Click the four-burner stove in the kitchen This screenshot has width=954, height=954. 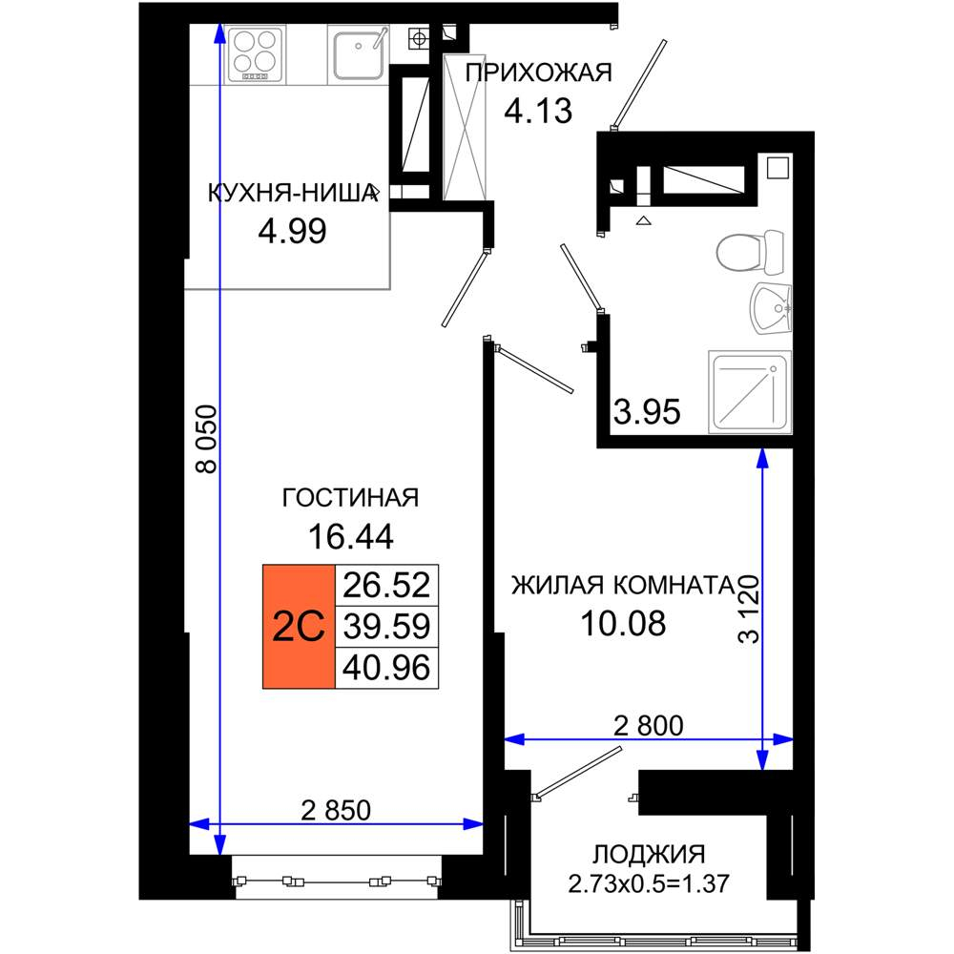click(255, 54)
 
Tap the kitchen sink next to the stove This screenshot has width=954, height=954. click(359, 53)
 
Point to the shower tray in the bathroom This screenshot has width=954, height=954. click(750, 392)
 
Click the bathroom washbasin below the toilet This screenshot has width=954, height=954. click(770, 308)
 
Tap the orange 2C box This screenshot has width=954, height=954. click(299, 626)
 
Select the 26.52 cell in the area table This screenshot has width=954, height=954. click(387, 585)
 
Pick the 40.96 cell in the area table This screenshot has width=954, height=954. click(387, 668)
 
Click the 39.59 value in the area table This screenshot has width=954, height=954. click(387, 626)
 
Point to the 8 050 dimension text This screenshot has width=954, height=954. click(206, 439)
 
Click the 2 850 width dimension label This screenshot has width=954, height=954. click(336, 810)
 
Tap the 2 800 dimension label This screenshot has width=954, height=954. click(649, 725)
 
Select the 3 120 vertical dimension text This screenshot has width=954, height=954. click(749, 609)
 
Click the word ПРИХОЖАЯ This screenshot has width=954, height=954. click(538, 73)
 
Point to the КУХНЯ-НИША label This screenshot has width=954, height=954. click(293, 194)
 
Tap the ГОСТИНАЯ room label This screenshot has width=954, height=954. click(350, 498)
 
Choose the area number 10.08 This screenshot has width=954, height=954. click(623, 624)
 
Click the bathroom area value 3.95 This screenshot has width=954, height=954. click(647, 412)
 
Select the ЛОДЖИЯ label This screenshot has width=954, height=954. click(649, 854)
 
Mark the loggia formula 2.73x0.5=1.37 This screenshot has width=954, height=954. click(649, 883)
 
